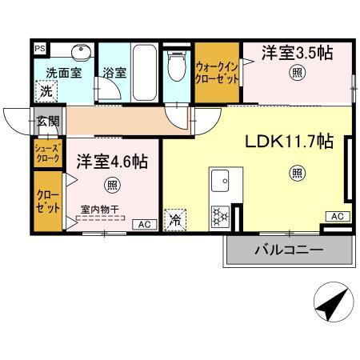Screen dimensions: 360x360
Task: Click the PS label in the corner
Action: click(39, 48)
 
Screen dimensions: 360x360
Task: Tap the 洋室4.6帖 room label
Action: click(111, 161)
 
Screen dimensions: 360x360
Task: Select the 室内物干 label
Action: click(98, 210)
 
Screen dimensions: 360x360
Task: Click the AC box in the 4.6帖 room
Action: click(146, 224)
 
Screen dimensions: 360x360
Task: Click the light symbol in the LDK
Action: click(296, 170)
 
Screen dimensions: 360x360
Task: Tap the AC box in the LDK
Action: click(337, 217)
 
